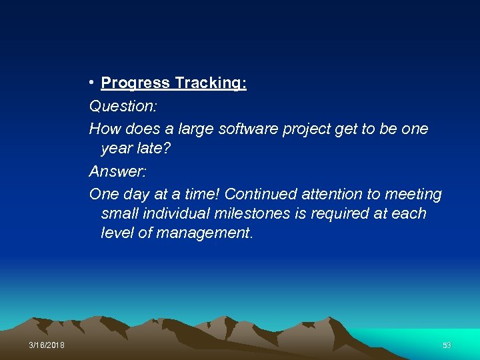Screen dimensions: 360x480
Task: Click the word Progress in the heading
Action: pyautogui.click(x=135, y=83)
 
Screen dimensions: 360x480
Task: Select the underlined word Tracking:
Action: pyautogui.click(x=211, y=83)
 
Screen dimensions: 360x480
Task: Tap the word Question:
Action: pyautogui.click(x=117, y=106)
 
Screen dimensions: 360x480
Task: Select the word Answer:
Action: pyautogui.click(x=117, y=171)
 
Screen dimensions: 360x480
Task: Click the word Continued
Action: pyautogui.click(x=260, y=194)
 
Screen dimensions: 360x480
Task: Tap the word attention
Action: pyautogui.click(x=331, y=194)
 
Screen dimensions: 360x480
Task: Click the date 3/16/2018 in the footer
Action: pyautogui.click(x=47, y=345)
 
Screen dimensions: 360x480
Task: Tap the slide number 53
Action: pyautogui.click(x=447, y=345)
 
